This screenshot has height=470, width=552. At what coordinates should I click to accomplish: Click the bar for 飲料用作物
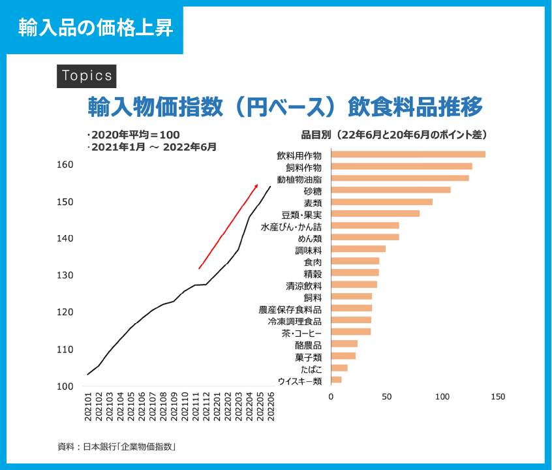pyautogui.click(x=408, y=155)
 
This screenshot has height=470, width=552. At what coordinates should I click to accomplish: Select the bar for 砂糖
pyautogui.click(x=391, y=190)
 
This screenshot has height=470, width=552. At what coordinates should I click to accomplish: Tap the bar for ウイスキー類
pyautogui.click(x=337, y=380)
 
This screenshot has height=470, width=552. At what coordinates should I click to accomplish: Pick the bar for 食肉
pyautogui.click(x=355, y=261)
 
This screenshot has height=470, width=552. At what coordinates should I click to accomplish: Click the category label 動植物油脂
pyautogui.click(x=299, y=179)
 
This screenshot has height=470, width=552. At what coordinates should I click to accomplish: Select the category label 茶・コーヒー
pyautogui.click(x=301, y=333)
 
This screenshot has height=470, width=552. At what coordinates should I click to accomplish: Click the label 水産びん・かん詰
pyautogui.click(x=291, y=227)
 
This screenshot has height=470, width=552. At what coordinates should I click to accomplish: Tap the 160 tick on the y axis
pyautogui.click(x=65, y=164)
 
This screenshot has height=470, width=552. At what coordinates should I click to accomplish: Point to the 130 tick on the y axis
pyautogui.click(x=65, y=275)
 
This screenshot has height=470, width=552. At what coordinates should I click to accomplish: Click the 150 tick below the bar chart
pyautogui.click(x=498, y=396)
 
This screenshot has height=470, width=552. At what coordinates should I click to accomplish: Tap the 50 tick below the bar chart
pyautogui.click(x=387, y=396)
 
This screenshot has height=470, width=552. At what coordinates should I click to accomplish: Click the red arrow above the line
pyautogui.click(x=228, y=226)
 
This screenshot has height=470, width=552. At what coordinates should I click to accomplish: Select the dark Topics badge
pyautogui.click(x=87, y=76)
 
